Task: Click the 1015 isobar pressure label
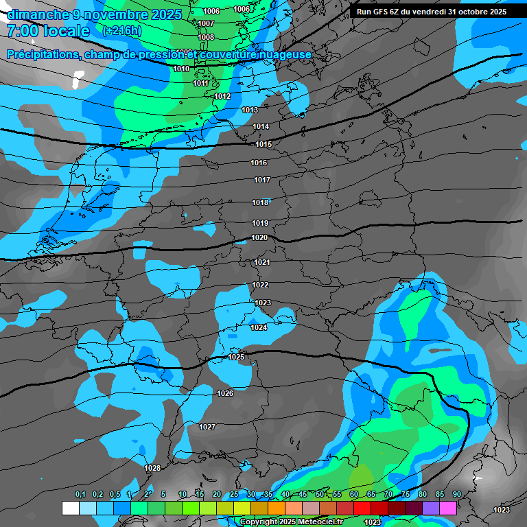263,145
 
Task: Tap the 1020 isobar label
259,237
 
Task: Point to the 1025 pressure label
236,357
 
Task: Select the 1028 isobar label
152,468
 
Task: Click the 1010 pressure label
181,69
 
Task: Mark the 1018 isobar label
259,202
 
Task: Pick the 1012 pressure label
222,96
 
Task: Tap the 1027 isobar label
207,427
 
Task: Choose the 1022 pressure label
260,285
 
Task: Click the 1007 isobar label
206,23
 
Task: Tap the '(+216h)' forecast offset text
121,31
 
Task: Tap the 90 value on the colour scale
456,495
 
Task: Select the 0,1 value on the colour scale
80,495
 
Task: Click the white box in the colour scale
70,508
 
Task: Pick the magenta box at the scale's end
448,508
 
